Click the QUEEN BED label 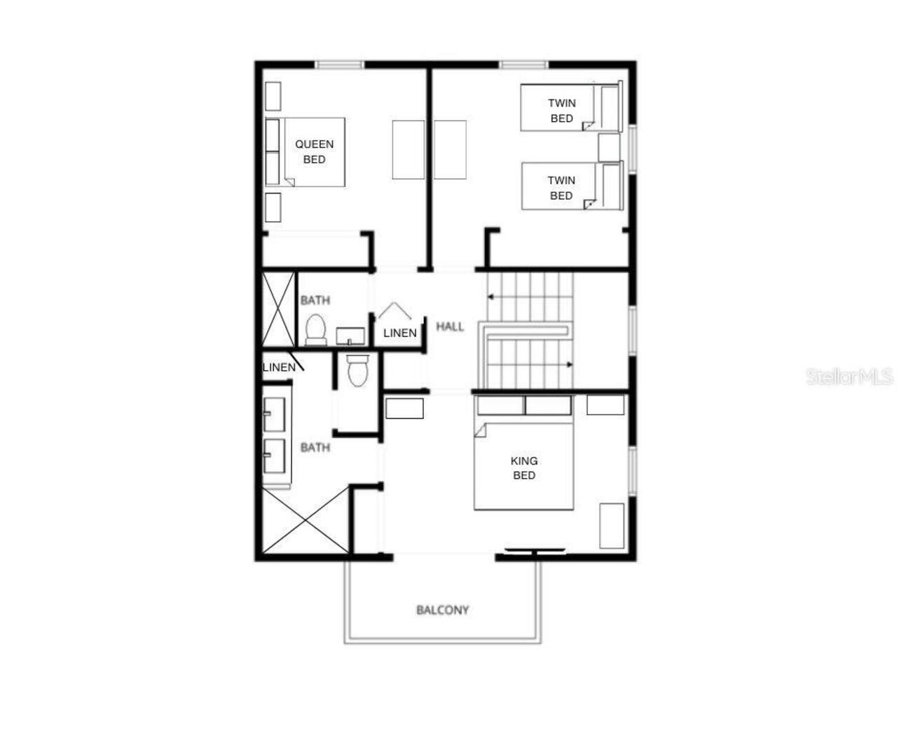pos(314,151)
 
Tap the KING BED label pos(524,467)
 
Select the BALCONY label pos(442,610)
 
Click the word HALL pos(450,326)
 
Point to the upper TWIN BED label pos(561,111)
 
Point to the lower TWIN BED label pos(561,188)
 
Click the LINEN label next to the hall pos(400,333)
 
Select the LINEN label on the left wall pos(279,367)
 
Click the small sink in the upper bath pos(350,336)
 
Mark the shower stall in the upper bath pos(278,309)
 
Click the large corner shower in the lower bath pos(305,520)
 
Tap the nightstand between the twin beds pos(609,147)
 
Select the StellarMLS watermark pos(849,377)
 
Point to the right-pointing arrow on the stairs pos(569,364)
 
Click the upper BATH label pos(315,300)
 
